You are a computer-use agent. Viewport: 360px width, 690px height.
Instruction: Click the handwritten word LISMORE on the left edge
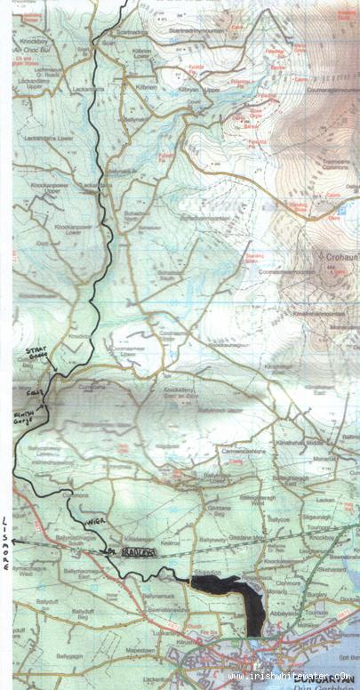(x=6, y=542)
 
